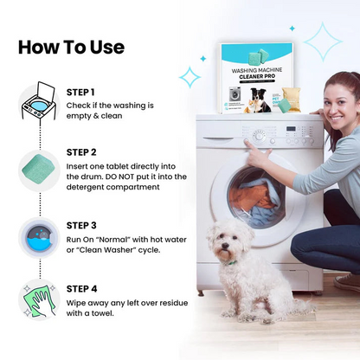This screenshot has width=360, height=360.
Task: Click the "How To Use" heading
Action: (71, 47)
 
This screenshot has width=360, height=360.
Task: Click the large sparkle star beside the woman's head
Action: (321, 42)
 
